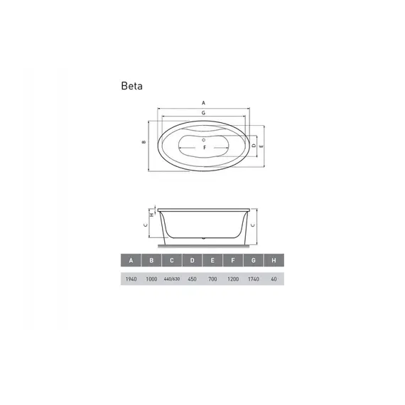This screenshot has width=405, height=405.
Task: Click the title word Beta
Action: coord(132,87)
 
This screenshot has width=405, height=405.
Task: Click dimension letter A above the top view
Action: coord(203,102)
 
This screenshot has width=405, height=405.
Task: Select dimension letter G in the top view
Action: coord(203,113)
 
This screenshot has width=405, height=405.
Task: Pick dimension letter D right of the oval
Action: coord(254,145)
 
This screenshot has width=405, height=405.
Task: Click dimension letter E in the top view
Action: coord(262,146)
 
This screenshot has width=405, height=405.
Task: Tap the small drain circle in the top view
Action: coord(203,138)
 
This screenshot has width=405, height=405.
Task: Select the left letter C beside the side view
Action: coord(144,225)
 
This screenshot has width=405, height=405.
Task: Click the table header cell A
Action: coord(131,261)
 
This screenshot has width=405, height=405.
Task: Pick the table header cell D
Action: coord(192,261)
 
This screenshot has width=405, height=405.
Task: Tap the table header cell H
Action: coord(274,261)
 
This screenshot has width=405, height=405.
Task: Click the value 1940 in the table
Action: coord(131,279)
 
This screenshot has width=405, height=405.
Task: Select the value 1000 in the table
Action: coord(151,279)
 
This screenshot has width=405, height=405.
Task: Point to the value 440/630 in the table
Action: coord(171,279)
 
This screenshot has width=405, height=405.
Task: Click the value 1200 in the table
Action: coord(233,279)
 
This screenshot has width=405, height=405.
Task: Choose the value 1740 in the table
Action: coord(254,279)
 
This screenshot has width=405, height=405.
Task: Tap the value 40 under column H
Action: coord(274,279)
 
